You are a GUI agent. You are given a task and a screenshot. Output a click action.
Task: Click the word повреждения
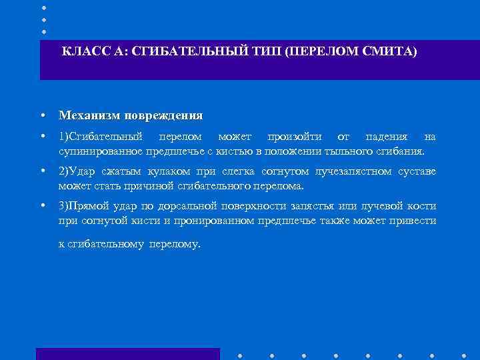[162, 115]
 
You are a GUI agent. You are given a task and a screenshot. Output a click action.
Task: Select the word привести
[415, 221]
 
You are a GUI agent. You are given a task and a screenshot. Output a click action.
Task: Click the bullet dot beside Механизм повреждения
[42, 115]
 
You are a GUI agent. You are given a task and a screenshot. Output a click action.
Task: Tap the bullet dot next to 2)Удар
[42, 172]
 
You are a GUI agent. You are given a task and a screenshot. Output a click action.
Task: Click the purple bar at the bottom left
[127, 354]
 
